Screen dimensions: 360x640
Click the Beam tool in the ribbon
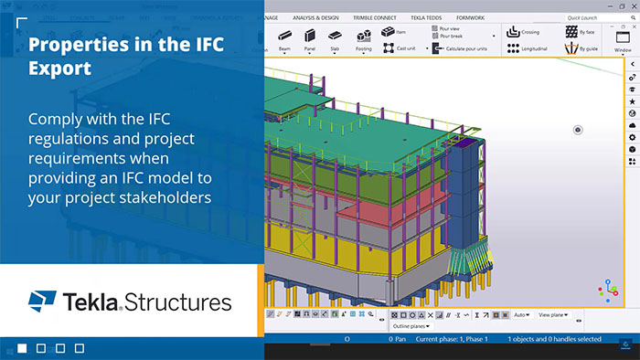pos(284,39)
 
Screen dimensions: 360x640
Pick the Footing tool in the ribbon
pos(363,39)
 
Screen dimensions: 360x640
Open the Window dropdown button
pos(623,40)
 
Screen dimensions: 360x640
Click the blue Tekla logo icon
pos(42,301)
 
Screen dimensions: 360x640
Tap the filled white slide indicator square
pos(21,348)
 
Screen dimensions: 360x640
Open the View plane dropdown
pos(554,314)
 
